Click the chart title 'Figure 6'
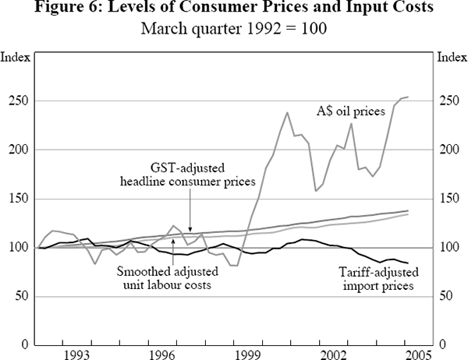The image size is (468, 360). [x=233, y=9]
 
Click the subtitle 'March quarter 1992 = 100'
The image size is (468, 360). [x=233, y=28]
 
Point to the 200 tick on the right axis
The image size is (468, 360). [x=448, y=150]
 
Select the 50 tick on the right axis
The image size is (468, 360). [x=445, y=296]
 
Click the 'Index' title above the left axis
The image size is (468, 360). [x=14, y=57]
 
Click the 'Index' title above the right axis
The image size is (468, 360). [x=452, y=57]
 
